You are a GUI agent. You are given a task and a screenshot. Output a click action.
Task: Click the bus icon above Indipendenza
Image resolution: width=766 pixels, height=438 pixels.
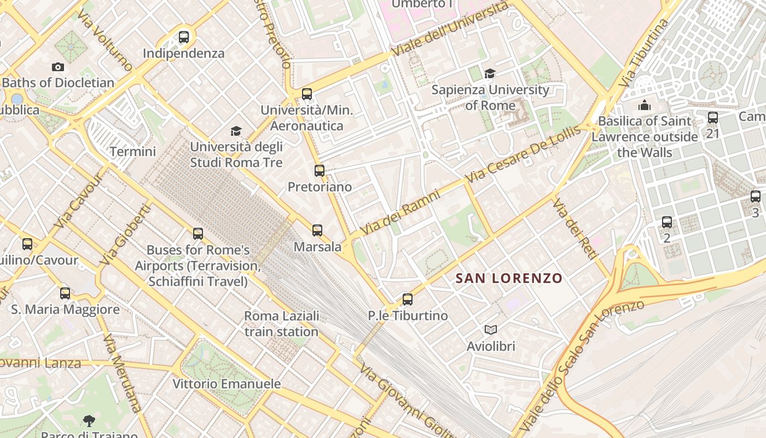184,37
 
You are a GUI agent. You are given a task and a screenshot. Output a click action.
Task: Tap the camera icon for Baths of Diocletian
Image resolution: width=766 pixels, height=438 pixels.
58,67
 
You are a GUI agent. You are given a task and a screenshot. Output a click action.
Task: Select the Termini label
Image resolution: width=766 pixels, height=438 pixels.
133,152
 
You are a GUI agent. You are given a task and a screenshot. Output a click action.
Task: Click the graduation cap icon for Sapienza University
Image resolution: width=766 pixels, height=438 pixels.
490,73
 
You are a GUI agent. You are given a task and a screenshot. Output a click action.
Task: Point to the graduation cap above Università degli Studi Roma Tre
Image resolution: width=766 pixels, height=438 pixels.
236,131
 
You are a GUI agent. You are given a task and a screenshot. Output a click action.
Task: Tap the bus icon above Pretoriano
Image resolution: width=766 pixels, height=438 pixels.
320,170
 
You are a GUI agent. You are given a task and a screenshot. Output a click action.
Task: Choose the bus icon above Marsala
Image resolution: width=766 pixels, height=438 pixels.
317,230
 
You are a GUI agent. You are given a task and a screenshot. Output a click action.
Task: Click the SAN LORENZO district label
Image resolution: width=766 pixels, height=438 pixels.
509,278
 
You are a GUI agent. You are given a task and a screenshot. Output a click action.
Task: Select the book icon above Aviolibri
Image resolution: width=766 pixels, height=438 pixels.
491,330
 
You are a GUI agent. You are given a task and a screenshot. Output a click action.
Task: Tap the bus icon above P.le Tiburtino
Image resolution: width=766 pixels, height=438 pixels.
407,299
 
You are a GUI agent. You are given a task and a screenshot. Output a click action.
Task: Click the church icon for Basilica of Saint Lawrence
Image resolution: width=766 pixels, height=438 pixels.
645,105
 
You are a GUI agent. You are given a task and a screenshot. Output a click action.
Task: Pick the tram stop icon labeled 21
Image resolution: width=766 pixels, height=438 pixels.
712,117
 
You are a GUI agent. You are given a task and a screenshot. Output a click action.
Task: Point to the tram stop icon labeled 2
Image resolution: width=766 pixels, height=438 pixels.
666,222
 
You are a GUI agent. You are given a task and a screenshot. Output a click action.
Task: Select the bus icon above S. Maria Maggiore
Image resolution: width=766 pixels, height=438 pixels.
65,293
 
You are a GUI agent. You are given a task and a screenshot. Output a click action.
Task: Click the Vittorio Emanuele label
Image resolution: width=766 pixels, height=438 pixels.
227,384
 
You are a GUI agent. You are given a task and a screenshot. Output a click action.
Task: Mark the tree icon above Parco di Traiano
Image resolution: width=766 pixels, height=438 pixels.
89,420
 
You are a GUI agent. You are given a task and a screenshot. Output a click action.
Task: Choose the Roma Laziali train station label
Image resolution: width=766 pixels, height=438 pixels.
281,324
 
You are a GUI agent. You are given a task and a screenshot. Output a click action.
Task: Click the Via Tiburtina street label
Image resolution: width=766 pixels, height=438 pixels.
645,54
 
